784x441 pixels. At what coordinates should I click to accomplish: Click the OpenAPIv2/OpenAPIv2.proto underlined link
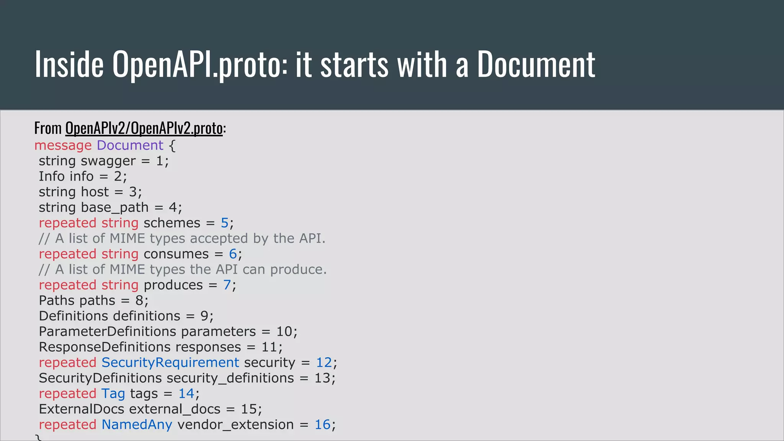[144, 128]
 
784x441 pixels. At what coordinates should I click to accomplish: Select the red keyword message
[63, 145]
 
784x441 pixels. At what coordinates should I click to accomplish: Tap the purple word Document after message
[130, 145]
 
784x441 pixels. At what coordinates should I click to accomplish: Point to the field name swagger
[108, 161]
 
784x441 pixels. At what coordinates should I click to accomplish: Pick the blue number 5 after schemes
[224, 223]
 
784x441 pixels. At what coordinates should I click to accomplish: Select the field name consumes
[176, 254]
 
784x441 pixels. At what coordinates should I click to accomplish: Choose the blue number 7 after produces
[227, 285]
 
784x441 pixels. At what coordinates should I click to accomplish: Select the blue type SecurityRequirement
[170, 363]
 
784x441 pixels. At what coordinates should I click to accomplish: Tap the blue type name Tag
[113, 394]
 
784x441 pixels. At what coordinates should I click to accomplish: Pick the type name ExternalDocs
[82, 409]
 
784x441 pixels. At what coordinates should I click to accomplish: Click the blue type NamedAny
[137, 425]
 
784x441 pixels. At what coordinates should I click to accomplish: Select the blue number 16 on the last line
[322, 425]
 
